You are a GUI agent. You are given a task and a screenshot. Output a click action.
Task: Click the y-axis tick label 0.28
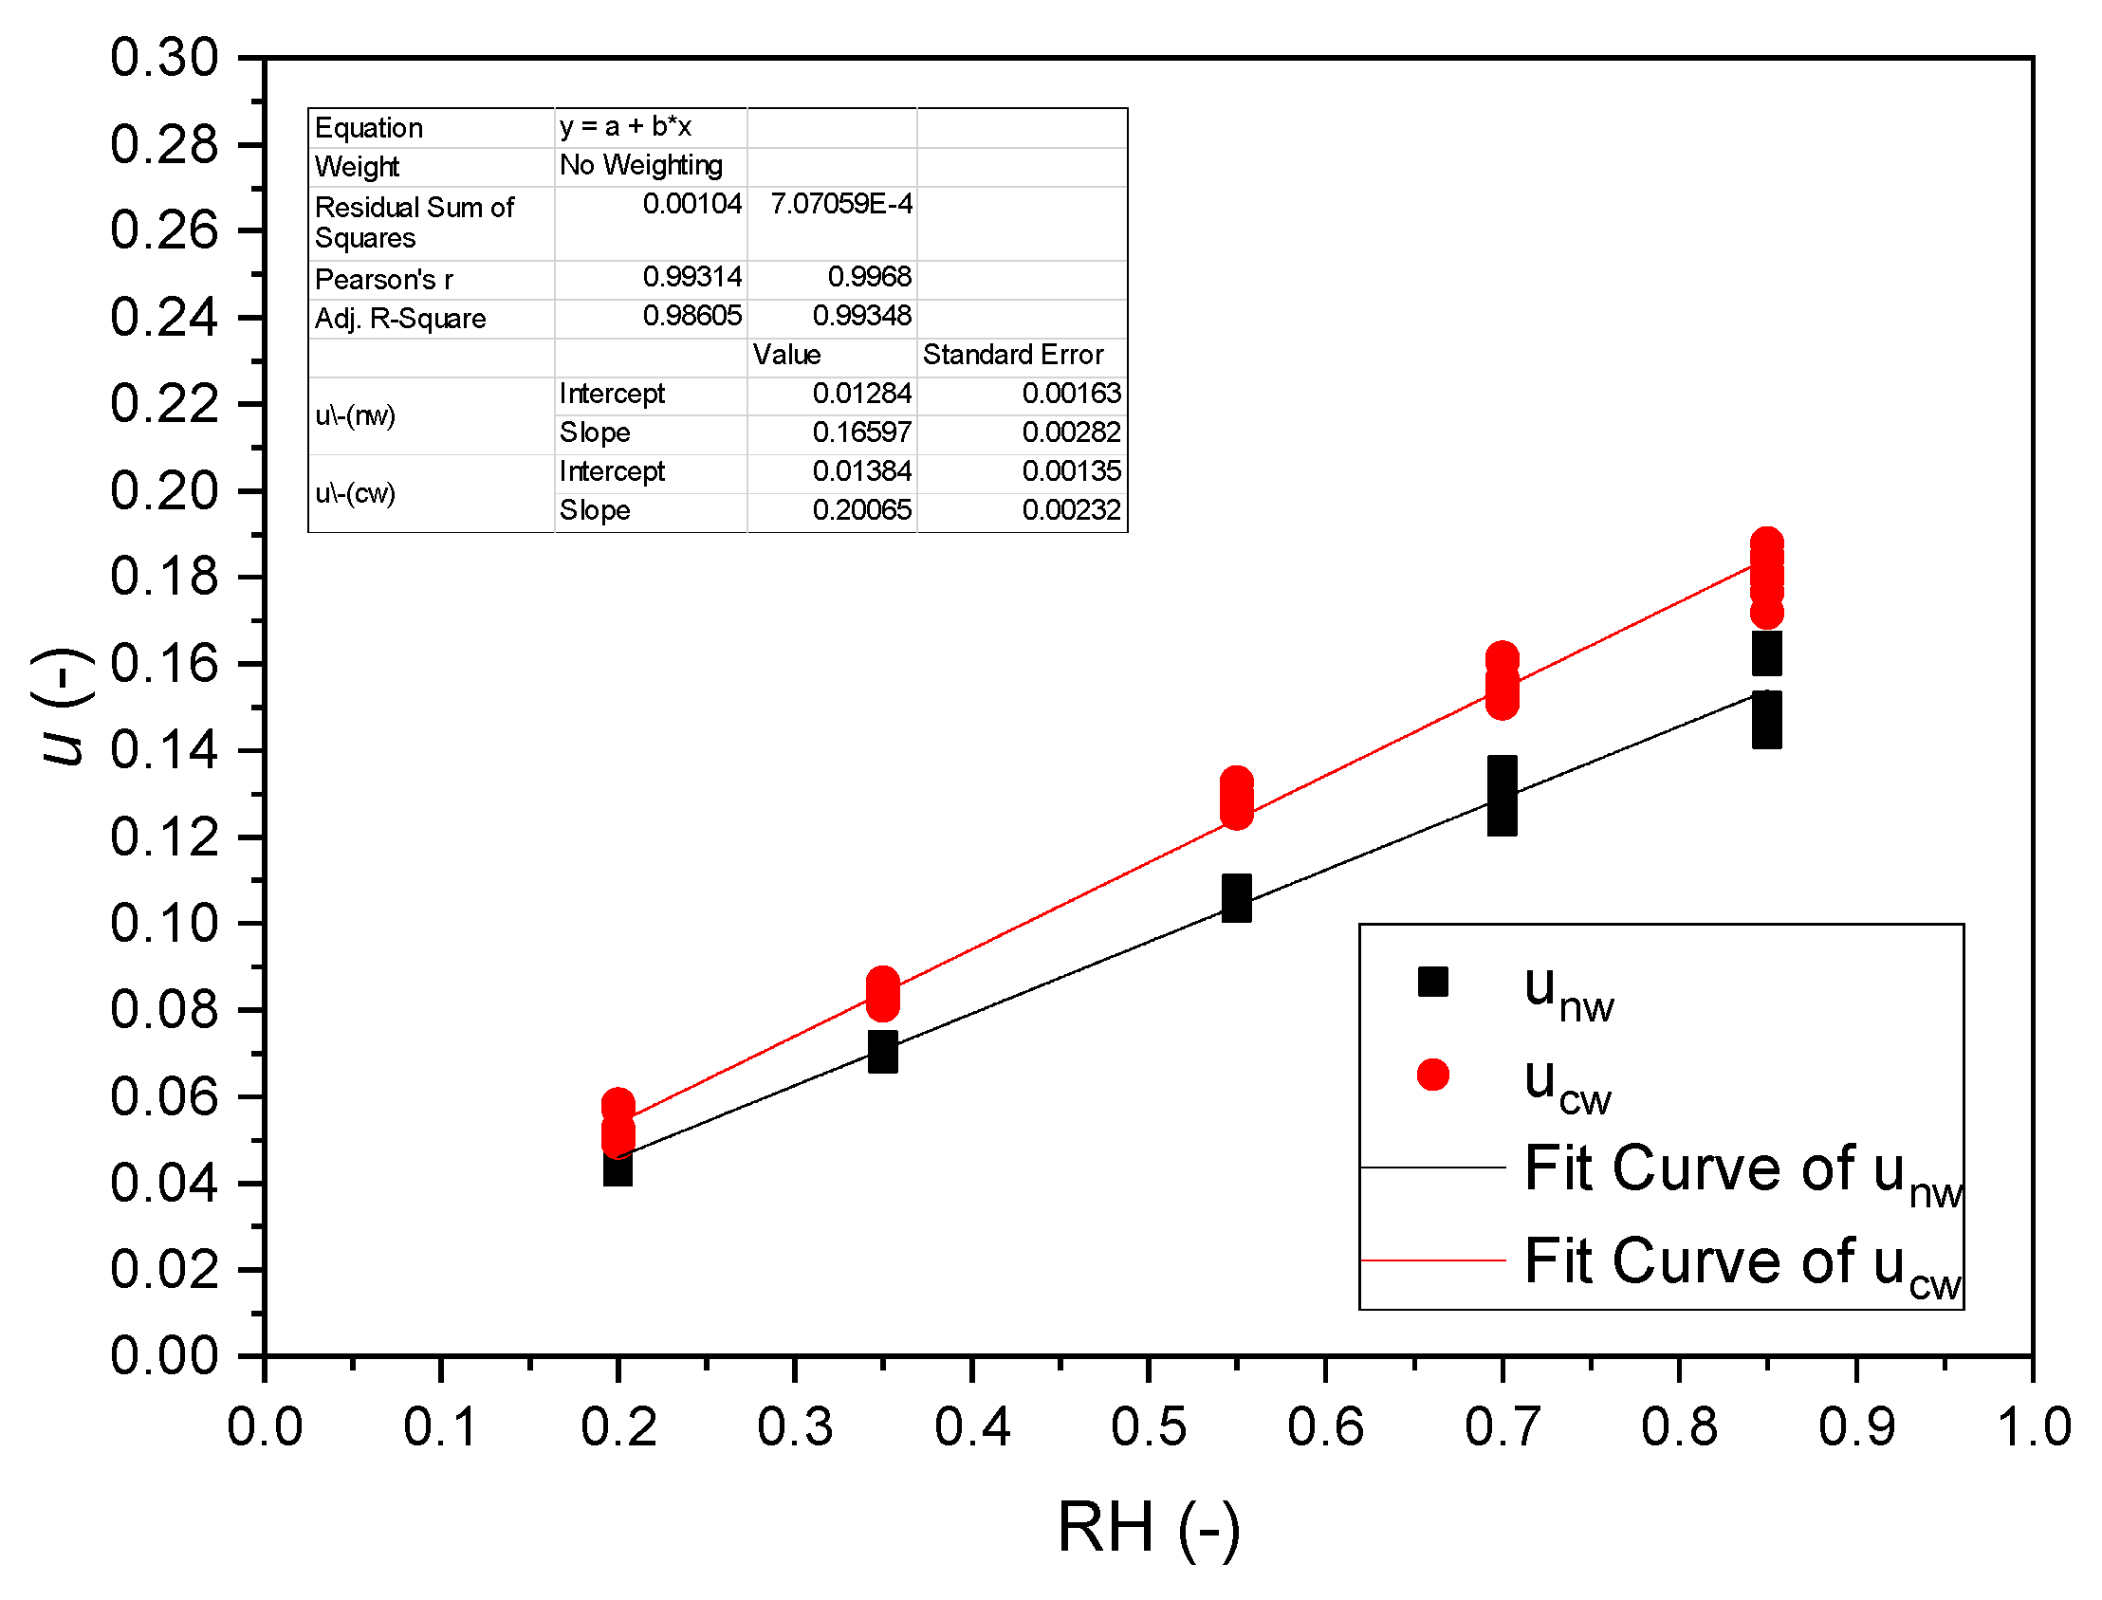tap(164, 145)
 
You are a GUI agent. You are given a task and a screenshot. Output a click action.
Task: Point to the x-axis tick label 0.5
tap(1149, 1427)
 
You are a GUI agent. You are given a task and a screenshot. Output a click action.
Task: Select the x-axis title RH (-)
tap(1149, 1528)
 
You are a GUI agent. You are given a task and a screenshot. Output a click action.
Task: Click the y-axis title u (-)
tap(63, 707)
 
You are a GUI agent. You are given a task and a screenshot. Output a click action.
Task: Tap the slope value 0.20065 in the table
tap(861, 510)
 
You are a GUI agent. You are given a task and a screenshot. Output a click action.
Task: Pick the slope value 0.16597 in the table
tap(861, 432)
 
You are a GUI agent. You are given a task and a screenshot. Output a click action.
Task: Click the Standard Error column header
tap(1012, 355)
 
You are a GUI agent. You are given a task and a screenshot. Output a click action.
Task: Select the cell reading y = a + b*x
tap(625, 127)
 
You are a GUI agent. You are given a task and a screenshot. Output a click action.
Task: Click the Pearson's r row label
tap(384, 280)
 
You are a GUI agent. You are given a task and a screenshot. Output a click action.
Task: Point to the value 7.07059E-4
tap(841, 204)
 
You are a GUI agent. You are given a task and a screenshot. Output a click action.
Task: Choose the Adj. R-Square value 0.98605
tap(691, 315)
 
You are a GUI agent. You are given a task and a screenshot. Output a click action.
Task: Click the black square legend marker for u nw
tap(1432, 982)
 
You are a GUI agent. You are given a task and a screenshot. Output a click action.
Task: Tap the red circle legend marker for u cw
tap(1432, 1076)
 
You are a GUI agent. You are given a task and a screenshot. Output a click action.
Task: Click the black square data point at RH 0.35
tap(883, 1053)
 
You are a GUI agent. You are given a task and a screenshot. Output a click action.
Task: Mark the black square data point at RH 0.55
tap(1236, 898)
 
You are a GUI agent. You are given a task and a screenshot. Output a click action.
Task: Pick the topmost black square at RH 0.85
tap(1767, 653)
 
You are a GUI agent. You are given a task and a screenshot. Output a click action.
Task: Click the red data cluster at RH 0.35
tap(883, 994)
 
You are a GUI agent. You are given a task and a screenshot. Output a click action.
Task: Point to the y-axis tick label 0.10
tap(164, 924)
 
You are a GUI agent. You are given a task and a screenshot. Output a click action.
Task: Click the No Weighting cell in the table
tap(641, 166)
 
